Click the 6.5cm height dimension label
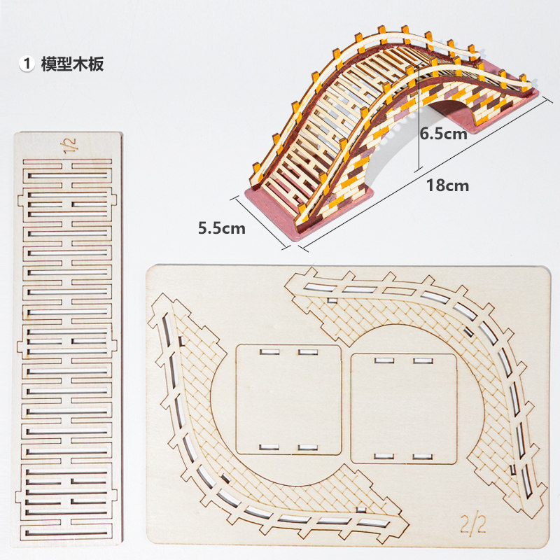pos(443,134)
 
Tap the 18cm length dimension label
pos(448,185)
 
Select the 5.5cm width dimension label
pos(222,227)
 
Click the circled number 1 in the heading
pos(27,64)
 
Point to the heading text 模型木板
pos(73,64)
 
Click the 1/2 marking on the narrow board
pos(71,146)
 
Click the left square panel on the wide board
pos(288,399)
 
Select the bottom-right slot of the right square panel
pos(421,457)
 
